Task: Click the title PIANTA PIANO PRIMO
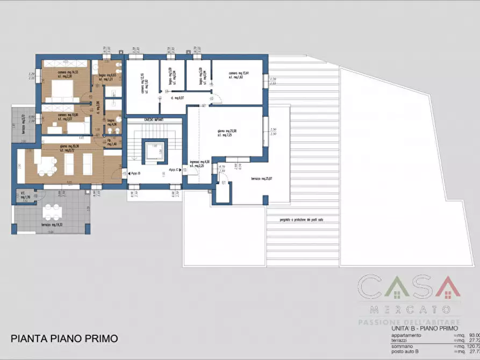[x=64, y=339]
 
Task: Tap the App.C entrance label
[x=173, y=170]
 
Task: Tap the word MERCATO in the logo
[x=409, y=309]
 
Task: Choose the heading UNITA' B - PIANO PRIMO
[x=425, y=328]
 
